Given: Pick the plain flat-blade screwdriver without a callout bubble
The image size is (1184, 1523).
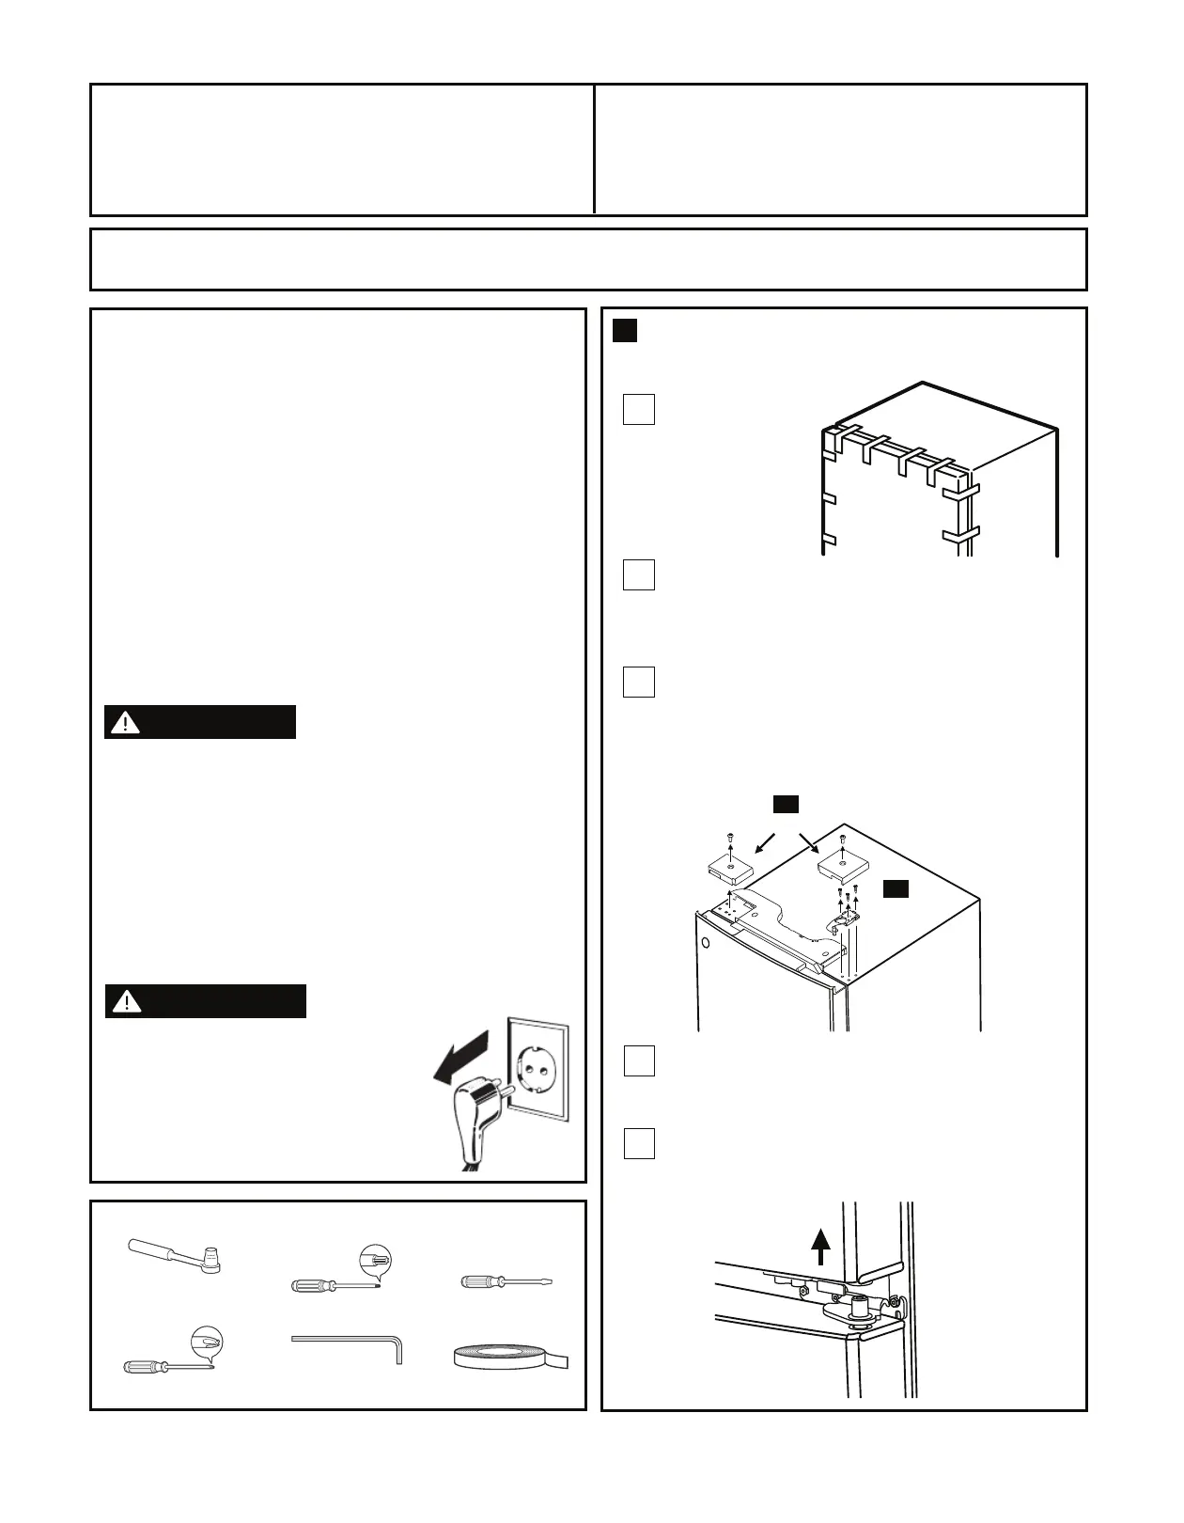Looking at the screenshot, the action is (505, 1281).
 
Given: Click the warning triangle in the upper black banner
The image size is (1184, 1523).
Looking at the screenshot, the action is (125, 723).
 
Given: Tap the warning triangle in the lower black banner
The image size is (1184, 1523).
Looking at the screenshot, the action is (126, 1002).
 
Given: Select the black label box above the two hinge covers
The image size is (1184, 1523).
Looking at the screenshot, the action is (786, 804).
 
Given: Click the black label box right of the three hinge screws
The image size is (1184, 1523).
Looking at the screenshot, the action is (896, 888).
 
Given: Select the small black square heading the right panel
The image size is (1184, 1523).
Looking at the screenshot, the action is (625, 331).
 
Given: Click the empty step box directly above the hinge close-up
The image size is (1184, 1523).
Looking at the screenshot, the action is (639, 1143).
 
